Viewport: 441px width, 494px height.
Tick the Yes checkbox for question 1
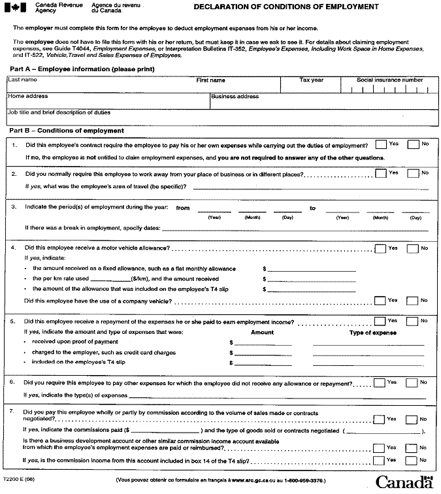[x=381, y=144]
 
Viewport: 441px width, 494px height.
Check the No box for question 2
[x=413, y=173]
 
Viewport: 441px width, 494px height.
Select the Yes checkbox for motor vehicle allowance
[x=380, y=248]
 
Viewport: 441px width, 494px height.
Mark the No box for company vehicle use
[x=413, y=301]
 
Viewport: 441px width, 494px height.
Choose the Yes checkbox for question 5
[x=380, y=321]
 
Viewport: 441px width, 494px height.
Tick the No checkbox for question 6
[x=413, y=383]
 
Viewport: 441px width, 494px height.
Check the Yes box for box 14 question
[x=380, y=461]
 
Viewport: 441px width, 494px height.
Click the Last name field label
[x=23, y=80]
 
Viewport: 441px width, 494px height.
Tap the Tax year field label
[x=312, y=80]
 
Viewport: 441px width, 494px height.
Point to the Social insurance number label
[x=389, y=80]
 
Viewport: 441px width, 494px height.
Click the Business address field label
[x=235, y=97]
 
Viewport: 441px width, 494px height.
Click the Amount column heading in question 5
[x=262, y=333]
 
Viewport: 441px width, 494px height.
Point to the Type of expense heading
[x=374, y=333]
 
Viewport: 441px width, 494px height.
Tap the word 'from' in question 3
[x=183, y=208]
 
